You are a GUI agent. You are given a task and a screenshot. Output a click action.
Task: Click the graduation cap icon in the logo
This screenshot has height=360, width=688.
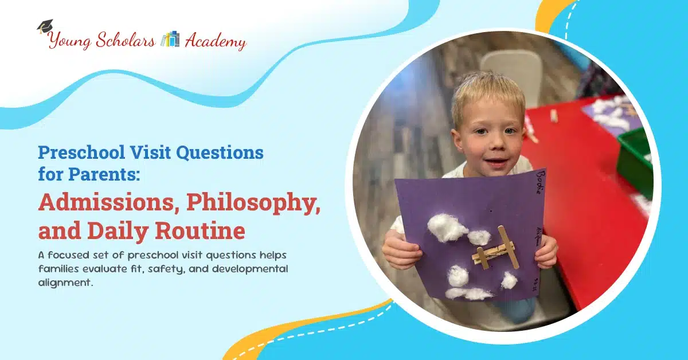(45, 26)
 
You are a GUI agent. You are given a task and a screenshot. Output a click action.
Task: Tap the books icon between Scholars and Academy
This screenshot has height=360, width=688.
(170, 39)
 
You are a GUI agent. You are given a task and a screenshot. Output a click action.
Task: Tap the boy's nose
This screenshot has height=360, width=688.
(494, 148)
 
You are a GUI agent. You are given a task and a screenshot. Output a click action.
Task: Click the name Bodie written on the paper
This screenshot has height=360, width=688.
(540, 182)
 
